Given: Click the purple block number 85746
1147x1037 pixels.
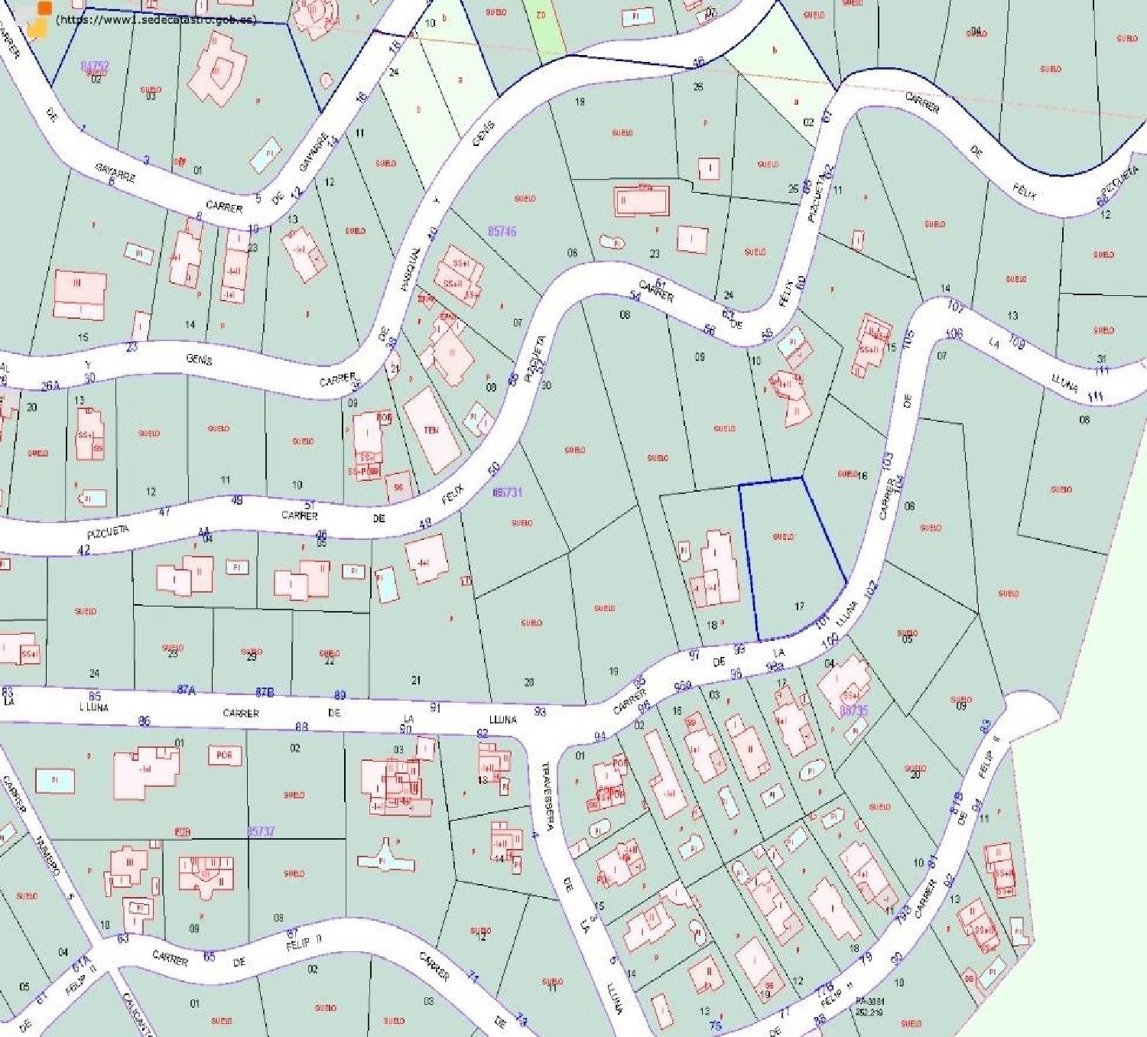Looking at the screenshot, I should (502, 231).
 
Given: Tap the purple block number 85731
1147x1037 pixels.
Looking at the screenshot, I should (509, 492).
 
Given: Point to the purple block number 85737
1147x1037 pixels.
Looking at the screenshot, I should (261, 831).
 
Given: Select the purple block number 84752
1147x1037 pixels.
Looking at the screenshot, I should (95, 67).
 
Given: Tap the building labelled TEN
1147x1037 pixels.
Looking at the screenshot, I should (431, 431).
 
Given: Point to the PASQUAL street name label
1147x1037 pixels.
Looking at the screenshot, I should (411, 269).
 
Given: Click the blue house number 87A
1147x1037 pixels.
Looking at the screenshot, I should (186, 690).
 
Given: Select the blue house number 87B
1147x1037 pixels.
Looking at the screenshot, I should (265, 692).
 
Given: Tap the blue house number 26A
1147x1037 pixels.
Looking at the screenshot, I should (50, 386).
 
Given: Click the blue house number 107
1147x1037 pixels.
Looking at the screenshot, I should (955, 307).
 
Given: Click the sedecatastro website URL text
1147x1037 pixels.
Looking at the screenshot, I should (157, 20).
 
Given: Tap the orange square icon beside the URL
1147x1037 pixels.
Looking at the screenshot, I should (44, 8).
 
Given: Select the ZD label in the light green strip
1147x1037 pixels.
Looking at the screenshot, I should (541, 15).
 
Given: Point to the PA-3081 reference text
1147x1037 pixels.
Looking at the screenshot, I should (869, 1000).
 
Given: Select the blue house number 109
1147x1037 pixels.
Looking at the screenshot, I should (1016, 342).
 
